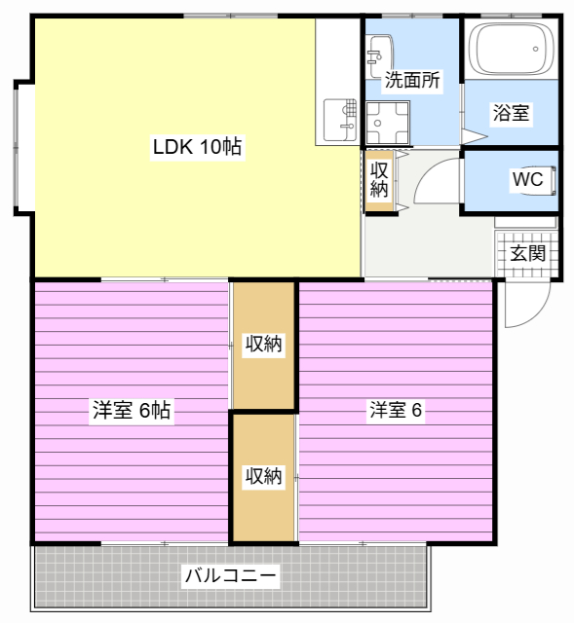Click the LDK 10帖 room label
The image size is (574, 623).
(197, 147)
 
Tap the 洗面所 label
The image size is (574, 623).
(412, 80)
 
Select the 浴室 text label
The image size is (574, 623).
(511, 113)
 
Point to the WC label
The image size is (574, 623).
(527, 179)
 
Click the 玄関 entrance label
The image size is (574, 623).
(527, 253)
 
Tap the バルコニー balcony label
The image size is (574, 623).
(230, 575)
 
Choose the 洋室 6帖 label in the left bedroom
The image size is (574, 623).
(132, 410)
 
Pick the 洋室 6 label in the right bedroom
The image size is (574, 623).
(396, 410)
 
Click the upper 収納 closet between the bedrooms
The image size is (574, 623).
(263, 344)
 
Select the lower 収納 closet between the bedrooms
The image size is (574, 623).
(263, 476)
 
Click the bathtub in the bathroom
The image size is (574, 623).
(512, 49)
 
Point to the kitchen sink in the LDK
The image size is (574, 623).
(340, 120)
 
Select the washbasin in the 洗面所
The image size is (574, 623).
(380, 56)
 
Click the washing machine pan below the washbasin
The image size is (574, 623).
(388, 123)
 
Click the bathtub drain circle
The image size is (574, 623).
(535, 49)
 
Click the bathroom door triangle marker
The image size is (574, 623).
(475, 137)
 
